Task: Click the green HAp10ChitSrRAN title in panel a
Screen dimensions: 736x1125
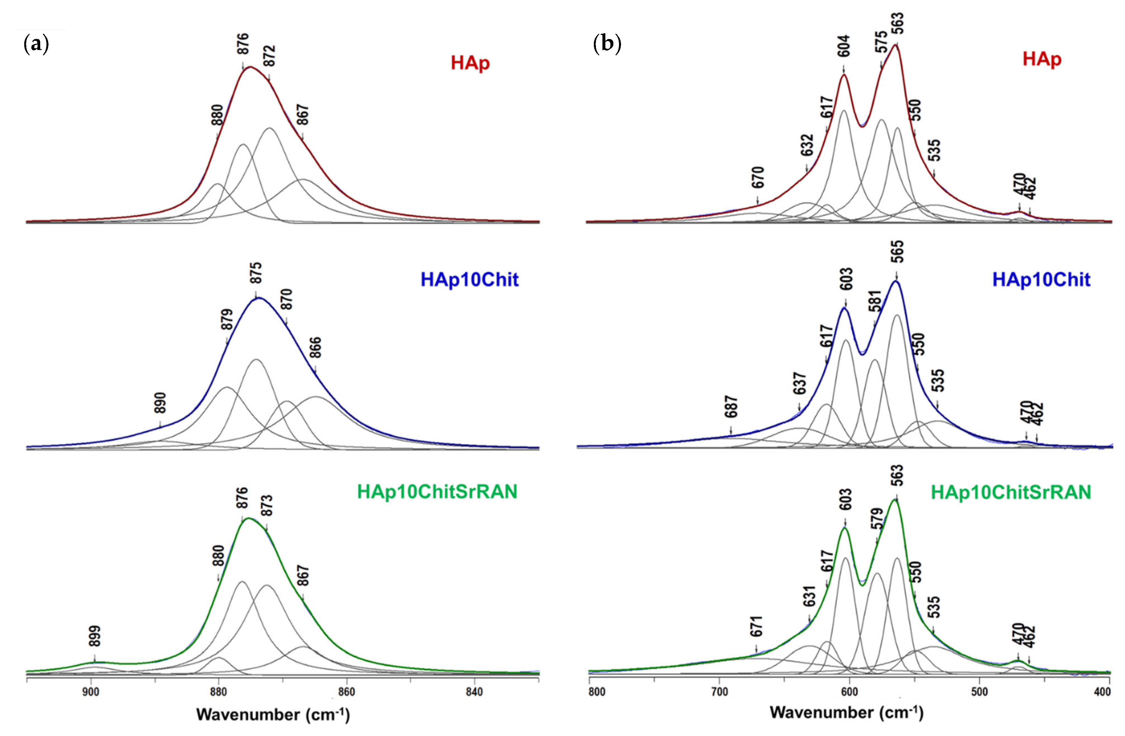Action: (437, 492)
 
